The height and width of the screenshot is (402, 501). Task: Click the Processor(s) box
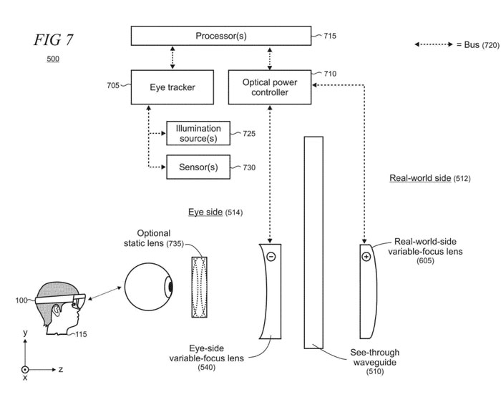pos(220,35)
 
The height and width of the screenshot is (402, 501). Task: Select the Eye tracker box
pos(173,88)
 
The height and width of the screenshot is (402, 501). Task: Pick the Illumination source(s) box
pos(198,132)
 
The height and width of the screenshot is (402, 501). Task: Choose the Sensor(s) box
pos(198,167)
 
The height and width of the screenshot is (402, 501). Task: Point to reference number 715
pos(329,35)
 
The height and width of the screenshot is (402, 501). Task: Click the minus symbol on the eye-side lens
pos(271,256)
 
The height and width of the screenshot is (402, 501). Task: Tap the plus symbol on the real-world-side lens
pos(366,256)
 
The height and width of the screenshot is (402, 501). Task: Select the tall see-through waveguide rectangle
pos(313,241)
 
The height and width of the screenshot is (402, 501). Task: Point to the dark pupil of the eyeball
pos(170,287)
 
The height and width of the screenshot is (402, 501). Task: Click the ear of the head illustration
pos(57,309)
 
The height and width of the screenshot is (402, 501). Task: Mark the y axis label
pos(25,333)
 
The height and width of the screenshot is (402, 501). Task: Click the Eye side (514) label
pos(215,212)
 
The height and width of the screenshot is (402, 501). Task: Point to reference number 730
pos(248,167)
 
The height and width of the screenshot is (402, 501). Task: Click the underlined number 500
pos(53,58)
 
